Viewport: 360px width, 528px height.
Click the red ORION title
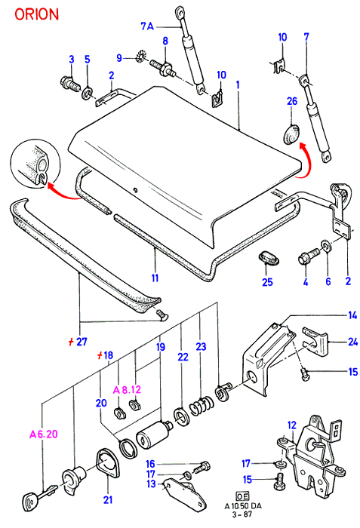pyautogui.click(x=36, y=14)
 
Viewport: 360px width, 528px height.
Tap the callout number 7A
pyautogui.click(x=147, y=26)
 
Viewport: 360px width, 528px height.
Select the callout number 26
pyautogui.click(x=292, y=100)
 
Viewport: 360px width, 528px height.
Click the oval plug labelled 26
pyautogui.click(x=291, y=134)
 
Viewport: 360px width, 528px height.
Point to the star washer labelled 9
pyautogui.click(x=139, y=57)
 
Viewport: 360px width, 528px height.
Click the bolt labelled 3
pyautogui.click(x=70, y=83)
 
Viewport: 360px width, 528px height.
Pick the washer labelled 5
pyautogui.click(x=88, y=91)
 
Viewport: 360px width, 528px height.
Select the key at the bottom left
pyautogui.click(x=38, y=496)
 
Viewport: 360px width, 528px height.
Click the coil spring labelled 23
pyautogui.click(x=202, y=405)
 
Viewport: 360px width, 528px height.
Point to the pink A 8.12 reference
pyautogui.click(x=127, y=390)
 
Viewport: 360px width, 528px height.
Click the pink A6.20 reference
pyautogui.click(x=44, y=434)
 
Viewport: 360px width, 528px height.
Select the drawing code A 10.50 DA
pyautogui.click(x=243, y=506)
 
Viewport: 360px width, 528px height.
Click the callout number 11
pyautogui.click(x=155, y=278)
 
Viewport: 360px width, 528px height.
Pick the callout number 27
pyautogui.click(x=82, y=342)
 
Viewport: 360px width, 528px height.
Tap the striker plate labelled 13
pyautogui.click(x=184, y=492)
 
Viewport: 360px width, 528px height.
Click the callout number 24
pyautogui.click(x=352, y=342)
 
